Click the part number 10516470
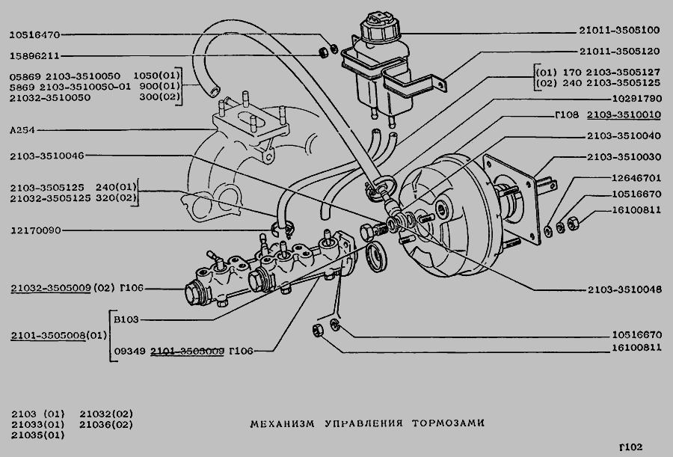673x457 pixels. [34, 34]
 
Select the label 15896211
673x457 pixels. [34, 55]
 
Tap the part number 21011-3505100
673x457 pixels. [619, 31]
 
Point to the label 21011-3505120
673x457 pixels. [619, 52]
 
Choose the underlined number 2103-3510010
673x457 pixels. [624, 114]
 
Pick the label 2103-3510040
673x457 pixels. [624, 135]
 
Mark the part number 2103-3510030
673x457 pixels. [624, 157]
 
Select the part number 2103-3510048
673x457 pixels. [624, 289]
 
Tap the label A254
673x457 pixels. [23, 130]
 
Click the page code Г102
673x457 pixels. [630, 447]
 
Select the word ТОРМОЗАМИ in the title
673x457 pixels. [448, 423]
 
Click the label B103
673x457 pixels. [126, 319]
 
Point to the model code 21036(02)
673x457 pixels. [105, 424]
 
